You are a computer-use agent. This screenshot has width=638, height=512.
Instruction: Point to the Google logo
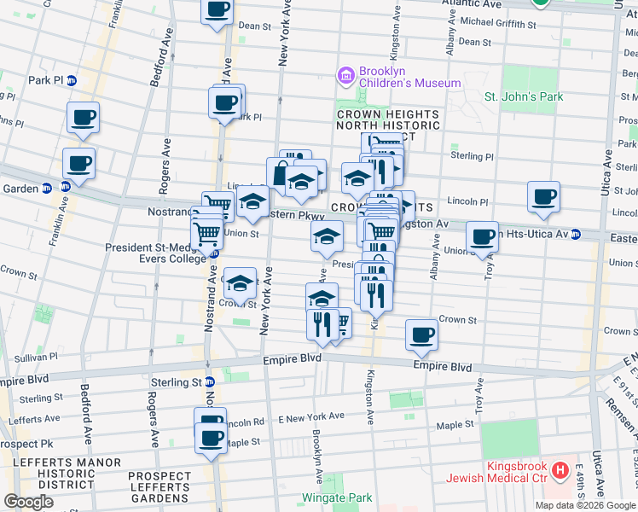tap(29, 502)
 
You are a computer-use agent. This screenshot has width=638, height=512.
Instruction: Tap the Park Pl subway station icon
tap(72, 81)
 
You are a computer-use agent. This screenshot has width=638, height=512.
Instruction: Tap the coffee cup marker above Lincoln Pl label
tap(543, 196)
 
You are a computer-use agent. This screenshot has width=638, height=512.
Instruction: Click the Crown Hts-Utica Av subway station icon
tap(577, 234)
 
